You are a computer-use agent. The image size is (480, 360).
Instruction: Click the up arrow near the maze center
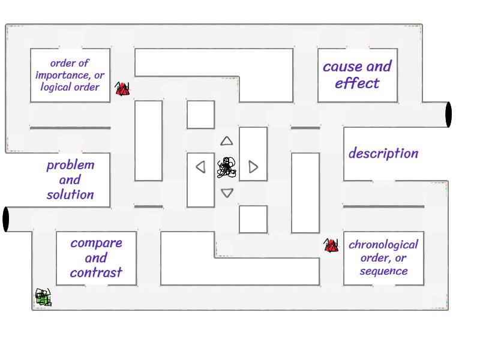(x=226, y=142)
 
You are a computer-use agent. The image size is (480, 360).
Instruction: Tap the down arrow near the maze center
(x=227, y=193)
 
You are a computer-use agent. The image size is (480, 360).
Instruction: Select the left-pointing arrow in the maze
(x=201, y=167)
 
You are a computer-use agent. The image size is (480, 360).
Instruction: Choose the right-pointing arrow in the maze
(x=253, y=167)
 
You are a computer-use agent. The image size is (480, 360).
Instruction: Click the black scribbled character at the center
(x=226, y=167)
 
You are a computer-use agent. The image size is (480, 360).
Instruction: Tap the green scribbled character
(x=43, y=297)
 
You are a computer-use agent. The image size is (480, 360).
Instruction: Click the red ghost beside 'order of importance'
(x=122, y=90)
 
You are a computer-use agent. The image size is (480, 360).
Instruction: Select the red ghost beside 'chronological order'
(x=331, y=245)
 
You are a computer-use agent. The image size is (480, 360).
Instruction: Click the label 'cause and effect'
(x=357, y=74)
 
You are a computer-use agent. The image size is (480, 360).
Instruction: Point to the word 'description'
(x=383, y=153)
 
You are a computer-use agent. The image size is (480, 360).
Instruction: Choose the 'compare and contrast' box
(x=96, y=257)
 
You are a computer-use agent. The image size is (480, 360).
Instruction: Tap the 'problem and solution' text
(x=70, y=179)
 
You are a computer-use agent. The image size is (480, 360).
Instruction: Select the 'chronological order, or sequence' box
(x=383, y=257)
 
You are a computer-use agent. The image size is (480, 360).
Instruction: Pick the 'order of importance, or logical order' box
(x=70, y=74)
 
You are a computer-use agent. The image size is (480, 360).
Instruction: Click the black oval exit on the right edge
(x=448, y=114)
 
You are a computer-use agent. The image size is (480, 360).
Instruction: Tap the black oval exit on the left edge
(x=6, y=219)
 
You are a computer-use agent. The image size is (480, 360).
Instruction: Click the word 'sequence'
(x=383, y=271)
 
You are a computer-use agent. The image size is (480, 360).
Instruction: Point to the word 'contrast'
(x=96, y=272)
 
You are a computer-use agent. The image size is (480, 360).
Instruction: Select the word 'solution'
(x=70, y=194)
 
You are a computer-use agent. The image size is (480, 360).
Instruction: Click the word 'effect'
(x=357, y=83)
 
